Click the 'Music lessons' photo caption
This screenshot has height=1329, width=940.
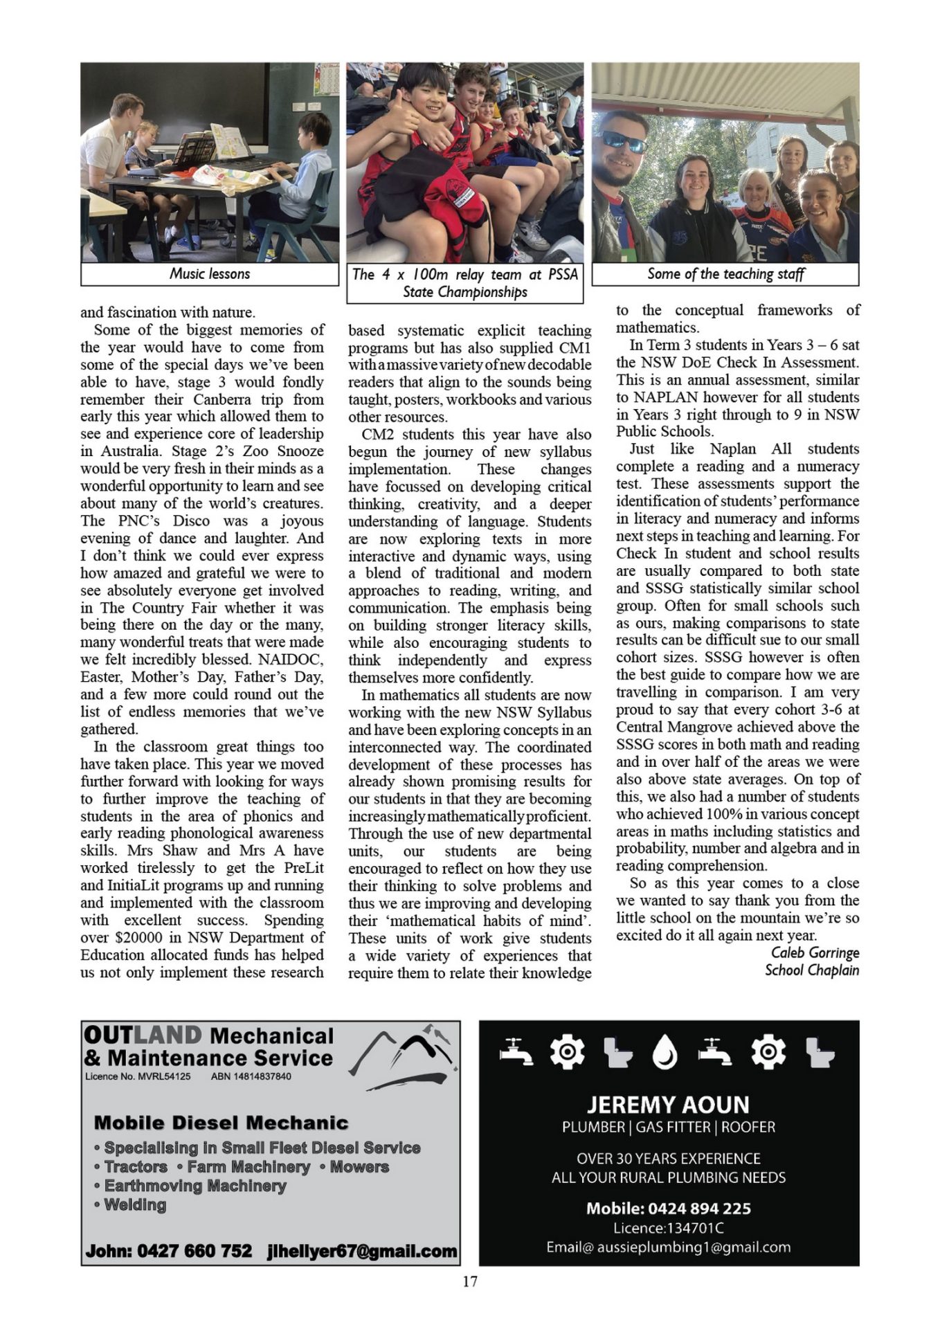(210, 274)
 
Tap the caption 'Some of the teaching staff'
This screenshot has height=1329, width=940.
(725, 274)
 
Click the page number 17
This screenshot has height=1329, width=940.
(469, 1281)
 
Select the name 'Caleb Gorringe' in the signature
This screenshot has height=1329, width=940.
(815, 953)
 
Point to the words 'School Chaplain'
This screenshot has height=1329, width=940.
(811, 970)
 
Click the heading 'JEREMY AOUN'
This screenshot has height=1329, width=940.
(668, 1104)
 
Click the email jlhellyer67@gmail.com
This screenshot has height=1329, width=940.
(362, 1251)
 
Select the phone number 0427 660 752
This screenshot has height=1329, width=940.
(195, 1251)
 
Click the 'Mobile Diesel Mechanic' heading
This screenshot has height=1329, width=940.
(221, 1123)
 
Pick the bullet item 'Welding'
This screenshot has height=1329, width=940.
(135, 1205)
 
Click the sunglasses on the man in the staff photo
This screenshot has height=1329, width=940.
(624, 141)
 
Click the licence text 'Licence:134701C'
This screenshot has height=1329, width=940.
(668, 1229)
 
